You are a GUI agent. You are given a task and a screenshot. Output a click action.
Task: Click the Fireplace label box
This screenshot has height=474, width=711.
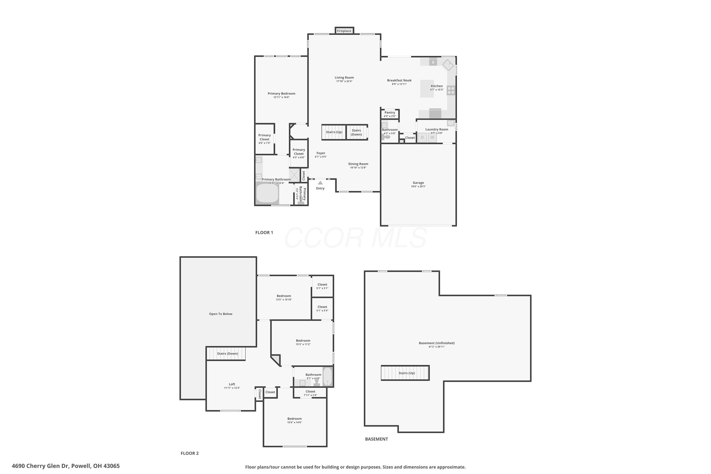[344, 31]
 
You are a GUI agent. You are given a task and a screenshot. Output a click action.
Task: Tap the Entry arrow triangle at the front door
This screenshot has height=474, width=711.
[320, 183]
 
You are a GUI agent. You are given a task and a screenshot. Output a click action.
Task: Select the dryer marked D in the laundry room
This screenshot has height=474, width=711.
[422, 137]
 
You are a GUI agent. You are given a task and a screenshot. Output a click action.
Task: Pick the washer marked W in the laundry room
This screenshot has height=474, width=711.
[432, 137]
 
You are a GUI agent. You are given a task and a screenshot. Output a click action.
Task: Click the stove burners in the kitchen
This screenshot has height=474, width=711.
[451, 90]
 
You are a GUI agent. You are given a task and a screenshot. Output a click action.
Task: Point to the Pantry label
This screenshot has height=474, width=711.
[390, 112]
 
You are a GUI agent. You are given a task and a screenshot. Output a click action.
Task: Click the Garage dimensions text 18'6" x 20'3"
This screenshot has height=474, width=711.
[418, 187]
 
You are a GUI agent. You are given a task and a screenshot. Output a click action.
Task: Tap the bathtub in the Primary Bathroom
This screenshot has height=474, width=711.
[267, 193]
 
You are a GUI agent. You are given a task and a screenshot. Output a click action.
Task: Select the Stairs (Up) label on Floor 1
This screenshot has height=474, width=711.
[334, 132]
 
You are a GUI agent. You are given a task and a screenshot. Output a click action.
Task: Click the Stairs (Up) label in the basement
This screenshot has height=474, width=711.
[407, 373]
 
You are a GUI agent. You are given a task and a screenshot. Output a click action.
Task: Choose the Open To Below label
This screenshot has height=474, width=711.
[221, 314]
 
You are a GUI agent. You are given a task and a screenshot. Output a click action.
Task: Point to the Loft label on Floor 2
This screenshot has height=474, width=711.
[232, 384]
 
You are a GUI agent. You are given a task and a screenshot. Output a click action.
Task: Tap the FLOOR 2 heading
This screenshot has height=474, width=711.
[190, 453]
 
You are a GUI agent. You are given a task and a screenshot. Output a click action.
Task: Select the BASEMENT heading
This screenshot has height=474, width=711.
[376, 439]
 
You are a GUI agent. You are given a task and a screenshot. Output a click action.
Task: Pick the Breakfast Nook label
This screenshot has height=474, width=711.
[399, 80]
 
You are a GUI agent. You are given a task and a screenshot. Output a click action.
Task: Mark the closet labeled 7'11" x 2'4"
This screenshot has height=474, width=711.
[310, 393]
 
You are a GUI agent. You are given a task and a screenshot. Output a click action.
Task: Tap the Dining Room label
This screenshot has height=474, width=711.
[358, 164]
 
